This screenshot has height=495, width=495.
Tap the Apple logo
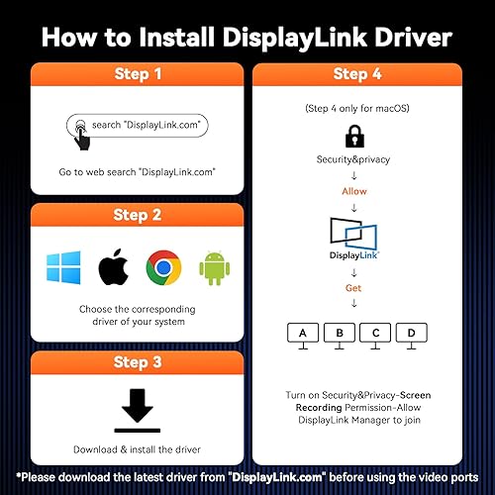111,268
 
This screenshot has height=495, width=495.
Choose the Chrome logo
161,268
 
